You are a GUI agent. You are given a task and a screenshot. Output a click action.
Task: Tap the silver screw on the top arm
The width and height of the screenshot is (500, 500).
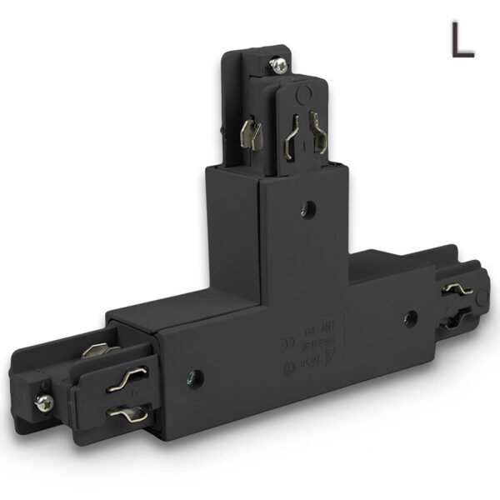280,63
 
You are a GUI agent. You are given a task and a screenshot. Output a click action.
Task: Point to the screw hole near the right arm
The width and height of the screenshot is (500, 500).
409,317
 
